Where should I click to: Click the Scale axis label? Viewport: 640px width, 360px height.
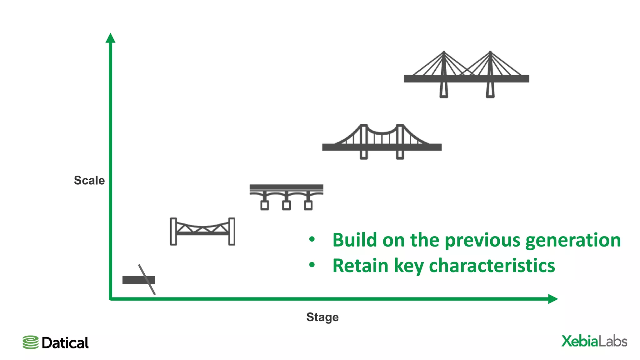[x=89, y=180]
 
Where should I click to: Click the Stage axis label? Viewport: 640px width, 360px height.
[x=322, y=317]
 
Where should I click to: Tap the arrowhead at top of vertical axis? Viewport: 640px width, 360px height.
[x=110, y=38]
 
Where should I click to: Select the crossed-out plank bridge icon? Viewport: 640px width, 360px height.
[x=139, y=280]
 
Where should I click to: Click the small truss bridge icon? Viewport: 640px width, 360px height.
[x=202, y=231]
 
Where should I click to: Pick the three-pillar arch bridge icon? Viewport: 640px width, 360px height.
[x=286, y=196]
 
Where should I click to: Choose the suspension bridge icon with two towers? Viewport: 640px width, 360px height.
[x=382, y=142]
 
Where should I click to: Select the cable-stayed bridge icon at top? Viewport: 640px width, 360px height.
[x=466, y=75]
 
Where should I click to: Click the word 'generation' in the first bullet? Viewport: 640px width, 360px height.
[x=573, y=240]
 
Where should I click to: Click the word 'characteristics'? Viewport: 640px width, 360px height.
[x=492, y=266]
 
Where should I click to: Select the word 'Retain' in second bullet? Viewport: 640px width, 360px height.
[x=360, y=266]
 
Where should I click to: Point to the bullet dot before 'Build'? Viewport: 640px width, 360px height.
[x=312, y=240]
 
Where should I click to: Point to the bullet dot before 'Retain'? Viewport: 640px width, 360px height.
[x=312, y=265]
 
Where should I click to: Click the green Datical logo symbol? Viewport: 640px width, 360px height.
[x=30, y=342]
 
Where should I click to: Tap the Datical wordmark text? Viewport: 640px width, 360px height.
[x=65, y=343]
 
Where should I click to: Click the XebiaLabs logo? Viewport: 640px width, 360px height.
[x=594, y=341]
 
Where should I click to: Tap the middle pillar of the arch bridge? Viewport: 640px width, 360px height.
[x=286, y=202]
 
